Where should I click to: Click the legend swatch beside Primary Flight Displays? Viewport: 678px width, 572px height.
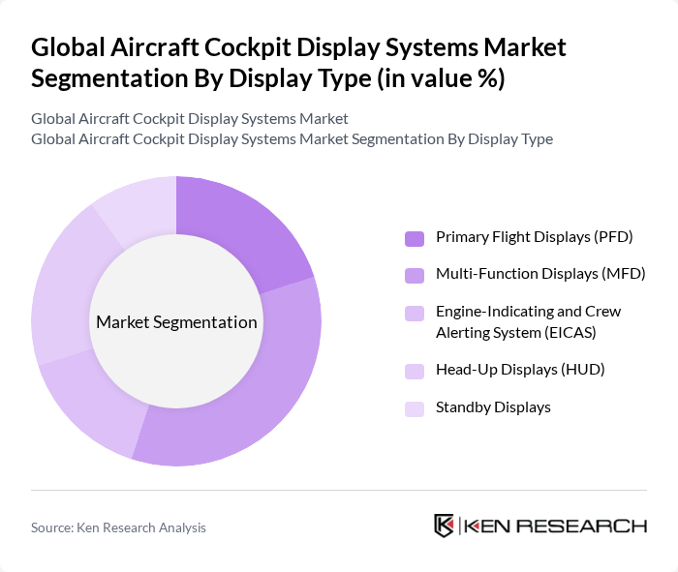[x=415, y=238]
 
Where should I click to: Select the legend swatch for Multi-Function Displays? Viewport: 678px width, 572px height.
[x=415, y=275]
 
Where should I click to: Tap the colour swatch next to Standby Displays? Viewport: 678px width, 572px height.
[x=415, y=408]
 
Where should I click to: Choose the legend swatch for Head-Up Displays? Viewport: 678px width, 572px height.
[x=415, y=371]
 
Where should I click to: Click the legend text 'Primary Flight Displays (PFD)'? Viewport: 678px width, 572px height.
[x=534, y=237]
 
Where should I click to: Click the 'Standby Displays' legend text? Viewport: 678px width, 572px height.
[x=493, y=407]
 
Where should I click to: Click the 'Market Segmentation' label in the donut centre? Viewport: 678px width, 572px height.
[x=176, y=322]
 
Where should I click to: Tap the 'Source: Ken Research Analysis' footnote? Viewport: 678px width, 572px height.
[x=118, y=527]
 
